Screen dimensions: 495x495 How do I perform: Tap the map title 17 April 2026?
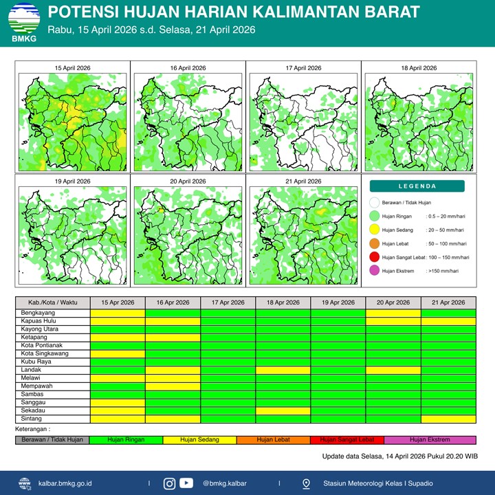pyautogui.click(x=303, y=68)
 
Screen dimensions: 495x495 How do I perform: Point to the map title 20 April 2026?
pyautogui.click(x=188, y=181)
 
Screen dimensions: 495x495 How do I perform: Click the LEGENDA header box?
pyautogui.click(x=417, y=186)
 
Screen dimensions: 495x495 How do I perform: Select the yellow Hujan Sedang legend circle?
pyautogui.click(x=374, y=230)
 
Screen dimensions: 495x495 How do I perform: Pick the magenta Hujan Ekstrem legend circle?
pyautogui.click(x=374, y=271)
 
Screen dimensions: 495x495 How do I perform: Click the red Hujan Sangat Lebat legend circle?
pyautogui.click(x=374, y=257)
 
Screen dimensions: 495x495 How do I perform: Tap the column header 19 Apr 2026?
pyautogui.click(x=338, y=302)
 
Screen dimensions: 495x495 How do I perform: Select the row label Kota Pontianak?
pyautogui.click(x=41, y=345)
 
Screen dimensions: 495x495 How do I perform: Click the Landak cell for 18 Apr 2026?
pyautogui.click(x=283, y=370)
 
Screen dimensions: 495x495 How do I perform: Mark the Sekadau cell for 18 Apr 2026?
pyautogui.click(x=283, y=410)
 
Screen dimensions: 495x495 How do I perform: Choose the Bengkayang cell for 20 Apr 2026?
pyautogui.click(x=393, y=313)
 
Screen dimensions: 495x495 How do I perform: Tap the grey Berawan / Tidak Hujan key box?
pyautogui.click(x=52, y=439)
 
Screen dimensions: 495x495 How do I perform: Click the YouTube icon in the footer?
pyautogui.click(x=186, y=483)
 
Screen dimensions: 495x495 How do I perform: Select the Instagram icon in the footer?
pyautogui.click(x=169, y=483)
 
